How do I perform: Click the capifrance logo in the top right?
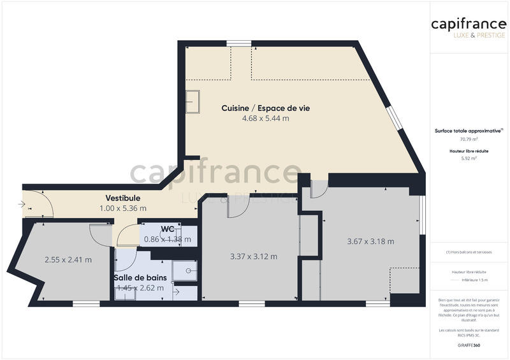pyautogui.click(x=469, y=24)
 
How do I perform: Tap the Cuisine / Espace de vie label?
pyautogui.click(x=265, y=108)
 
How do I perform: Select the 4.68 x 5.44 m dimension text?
pyautogui.click(x=265, y=119)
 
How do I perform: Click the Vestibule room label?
pyautogui.click(x=122, y=198)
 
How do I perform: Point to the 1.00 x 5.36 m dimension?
pyautogui.click(x=123, y=208)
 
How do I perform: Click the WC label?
pyautogui.click(x=168, y=229)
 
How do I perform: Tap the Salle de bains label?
pyautogui.click(x=140, y=278)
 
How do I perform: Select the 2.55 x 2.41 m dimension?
pyautogui.click(x=68, y=259)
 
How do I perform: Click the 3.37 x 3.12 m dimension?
pyautogui.click(x=254, y=257)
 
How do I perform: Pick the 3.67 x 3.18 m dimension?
pyautogui.click(x=370, y=241)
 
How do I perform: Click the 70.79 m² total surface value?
pyautogui.click(x=469, y=139)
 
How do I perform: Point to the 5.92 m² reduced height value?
pyautogui.click(x=469, y=159)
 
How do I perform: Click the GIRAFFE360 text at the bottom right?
pyautogui.click(x=469, y=344)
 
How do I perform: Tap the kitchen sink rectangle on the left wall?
pyautogui.click(x=193, y=101)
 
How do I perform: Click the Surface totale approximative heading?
pyautogui.click(x=468, y=131)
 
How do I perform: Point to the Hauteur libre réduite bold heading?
pyautogui.click(x=469, y=151)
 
